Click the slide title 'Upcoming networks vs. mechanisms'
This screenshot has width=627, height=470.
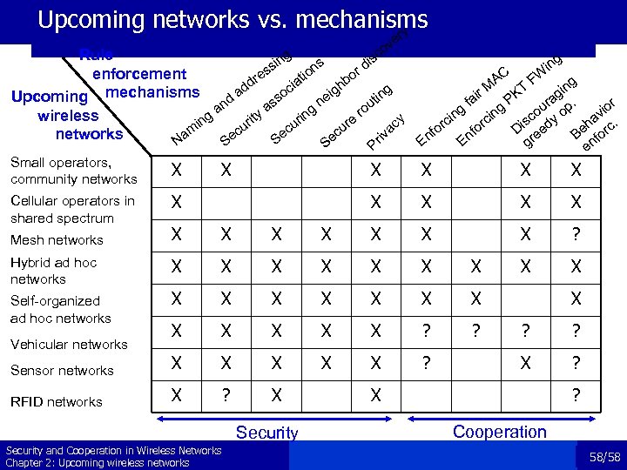pos(233,19)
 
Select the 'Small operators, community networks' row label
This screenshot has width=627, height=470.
pos(74,171)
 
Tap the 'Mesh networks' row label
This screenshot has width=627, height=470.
pos(57,240)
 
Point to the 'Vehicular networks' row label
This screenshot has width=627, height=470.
pos(69,345)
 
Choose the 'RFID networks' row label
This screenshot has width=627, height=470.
pos(57,402)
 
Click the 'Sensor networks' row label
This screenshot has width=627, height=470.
pos(62,371)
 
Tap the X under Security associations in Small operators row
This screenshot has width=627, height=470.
pos(226,171)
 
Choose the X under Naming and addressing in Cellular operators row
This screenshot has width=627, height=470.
pos(178,202)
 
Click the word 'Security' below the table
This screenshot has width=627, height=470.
pos(267,433)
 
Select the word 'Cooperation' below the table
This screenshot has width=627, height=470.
pos(500,432)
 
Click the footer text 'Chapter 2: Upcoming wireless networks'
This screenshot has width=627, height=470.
pos(98,462)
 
